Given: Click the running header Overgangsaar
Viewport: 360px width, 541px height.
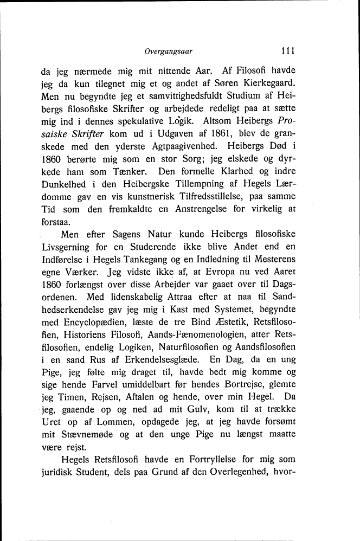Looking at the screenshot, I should click(x=169, y=53).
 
